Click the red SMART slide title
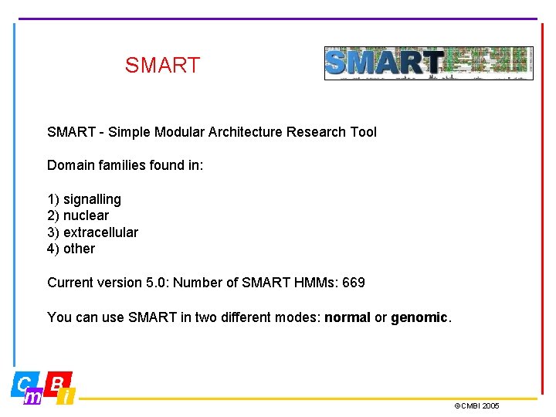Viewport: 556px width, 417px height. tap(162, 66)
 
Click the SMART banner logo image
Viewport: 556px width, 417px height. tap(428, 63)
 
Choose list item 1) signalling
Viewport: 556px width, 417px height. tap(84, 199)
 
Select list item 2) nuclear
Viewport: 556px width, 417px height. tap(78, 215)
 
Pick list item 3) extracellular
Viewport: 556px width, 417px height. tap(93, 232)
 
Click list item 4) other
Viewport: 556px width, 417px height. tap(71, 249)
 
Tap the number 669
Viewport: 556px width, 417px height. tap(353, 283)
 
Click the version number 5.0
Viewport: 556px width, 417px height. tap(155, 283)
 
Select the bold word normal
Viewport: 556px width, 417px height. tap(347, 317)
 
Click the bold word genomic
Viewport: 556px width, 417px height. tap(419, 317)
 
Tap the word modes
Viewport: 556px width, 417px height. tap(298, 317)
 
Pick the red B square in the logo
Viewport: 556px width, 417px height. tap(59, 381)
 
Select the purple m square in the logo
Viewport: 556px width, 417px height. tap(33, 397)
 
